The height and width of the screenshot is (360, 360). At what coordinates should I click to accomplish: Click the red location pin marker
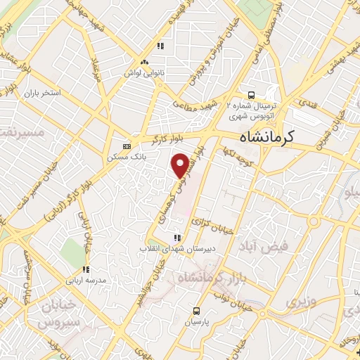[181, 165]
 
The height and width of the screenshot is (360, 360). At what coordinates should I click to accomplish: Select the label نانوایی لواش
[143, 72]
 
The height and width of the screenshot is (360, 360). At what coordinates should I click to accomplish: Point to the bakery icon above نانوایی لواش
[143, 62]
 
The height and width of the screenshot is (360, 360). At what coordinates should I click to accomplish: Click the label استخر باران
[43, 93]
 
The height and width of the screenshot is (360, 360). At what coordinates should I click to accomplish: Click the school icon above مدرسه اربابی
[86, 269]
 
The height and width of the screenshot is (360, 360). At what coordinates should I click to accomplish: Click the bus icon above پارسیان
[198, 310]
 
